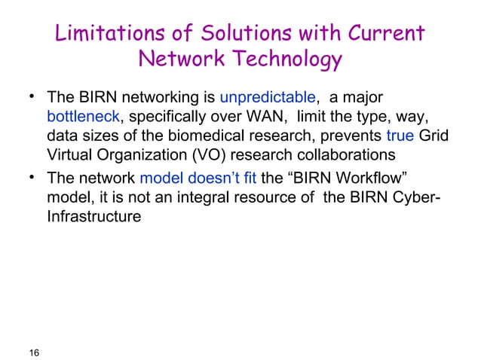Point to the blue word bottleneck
(x=81, y=118)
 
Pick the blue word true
(x=399, y=138)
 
